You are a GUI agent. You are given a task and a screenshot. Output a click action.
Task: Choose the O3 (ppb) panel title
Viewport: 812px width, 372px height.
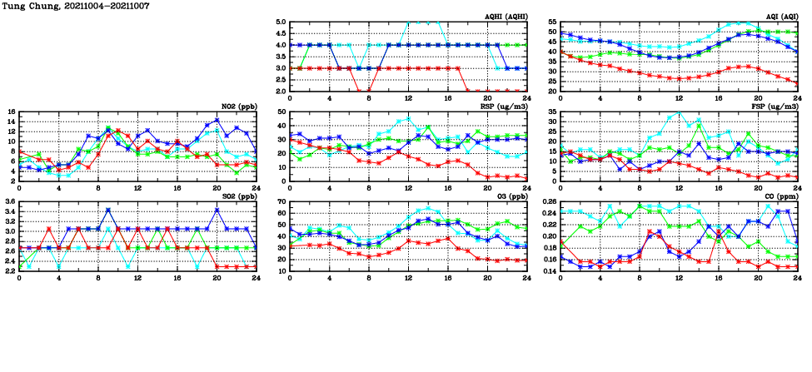[509, 196]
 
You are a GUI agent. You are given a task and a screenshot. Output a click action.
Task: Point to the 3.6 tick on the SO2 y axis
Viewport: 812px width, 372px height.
[8, 201]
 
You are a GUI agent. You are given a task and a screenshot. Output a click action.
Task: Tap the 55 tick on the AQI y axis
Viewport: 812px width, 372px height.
[551, 22]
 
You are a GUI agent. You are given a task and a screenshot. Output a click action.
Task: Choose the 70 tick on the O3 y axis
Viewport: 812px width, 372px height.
[281, 201]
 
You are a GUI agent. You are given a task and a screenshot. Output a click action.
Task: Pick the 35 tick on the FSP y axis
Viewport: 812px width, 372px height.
[551, 112]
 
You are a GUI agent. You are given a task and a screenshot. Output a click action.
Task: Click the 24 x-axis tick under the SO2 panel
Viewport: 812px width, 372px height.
[256, 277]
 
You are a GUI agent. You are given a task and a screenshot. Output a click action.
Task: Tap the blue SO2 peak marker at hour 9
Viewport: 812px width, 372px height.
[108, 211]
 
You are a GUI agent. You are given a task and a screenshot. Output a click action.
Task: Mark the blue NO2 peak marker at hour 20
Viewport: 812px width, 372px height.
[217, 121]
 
